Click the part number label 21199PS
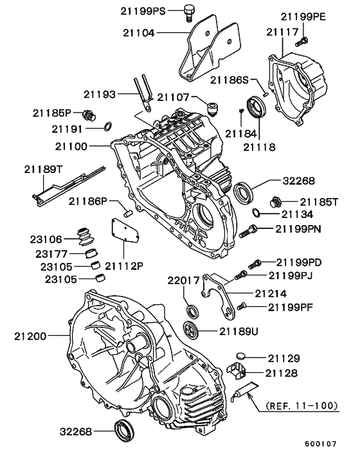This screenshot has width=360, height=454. coord(142,11)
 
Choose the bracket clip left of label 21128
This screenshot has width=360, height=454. coord(237,370)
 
